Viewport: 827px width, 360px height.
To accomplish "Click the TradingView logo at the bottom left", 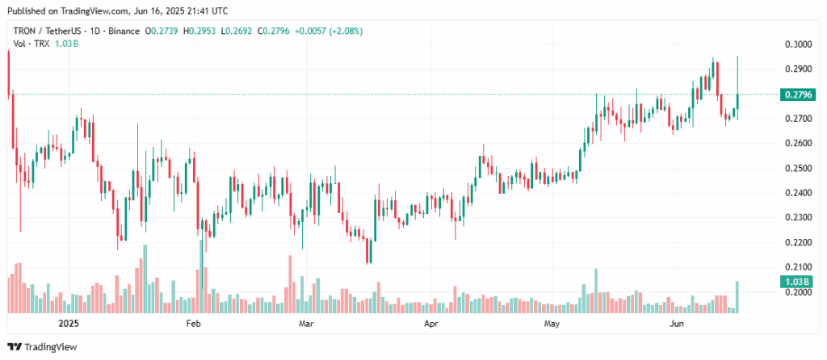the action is (42, 347).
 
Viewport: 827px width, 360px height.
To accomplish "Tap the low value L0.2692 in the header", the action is (237, 31).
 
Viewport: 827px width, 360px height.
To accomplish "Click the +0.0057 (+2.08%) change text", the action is (329, 31).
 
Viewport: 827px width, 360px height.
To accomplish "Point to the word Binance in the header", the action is (124, 31).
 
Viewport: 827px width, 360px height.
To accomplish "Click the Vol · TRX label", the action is (31, 44).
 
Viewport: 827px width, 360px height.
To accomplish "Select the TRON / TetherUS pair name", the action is (45, 31).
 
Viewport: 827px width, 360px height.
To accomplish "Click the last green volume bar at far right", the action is (737, 297).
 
